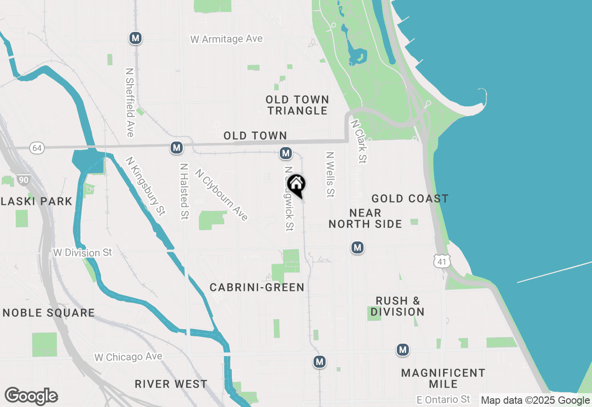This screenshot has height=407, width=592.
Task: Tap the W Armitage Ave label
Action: (227, 39)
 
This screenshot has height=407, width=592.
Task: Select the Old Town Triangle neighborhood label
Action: (297, 105)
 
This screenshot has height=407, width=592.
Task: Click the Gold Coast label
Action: (410, 199)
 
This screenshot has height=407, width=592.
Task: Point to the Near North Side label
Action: (365, 218)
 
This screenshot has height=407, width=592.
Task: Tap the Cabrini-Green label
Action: (257, 287)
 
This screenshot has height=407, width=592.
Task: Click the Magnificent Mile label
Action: (443, 378)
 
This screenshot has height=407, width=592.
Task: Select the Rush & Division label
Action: (397, 306)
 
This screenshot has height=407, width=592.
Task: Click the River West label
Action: (171, 384)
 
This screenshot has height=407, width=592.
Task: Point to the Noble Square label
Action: (49, 313)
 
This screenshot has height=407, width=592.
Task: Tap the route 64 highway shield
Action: (37, 148)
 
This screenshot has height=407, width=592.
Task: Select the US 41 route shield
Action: (442, 261)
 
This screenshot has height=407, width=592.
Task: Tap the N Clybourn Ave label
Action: (222, 195)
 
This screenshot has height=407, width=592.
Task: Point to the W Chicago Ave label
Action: (129, 357)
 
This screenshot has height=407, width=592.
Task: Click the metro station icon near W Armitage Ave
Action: (136, 38)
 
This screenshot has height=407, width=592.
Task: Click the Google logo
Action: (31, 396)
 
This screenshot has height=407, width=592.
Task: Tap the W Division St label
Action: (83, 253)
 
